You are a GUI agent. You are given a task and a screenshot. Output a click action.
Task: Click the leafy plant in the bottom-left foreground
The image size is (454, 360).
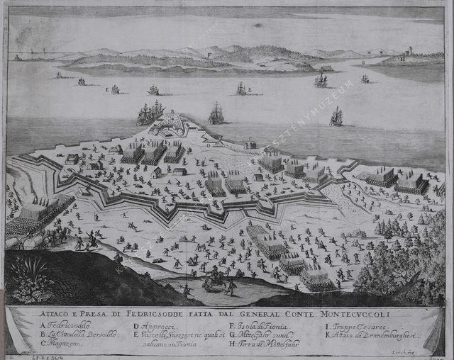[x=31, y=277]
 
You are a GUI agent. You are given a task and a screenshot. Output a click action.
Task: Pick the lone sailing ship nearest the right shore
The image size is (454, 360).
[x=336, y=117]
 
